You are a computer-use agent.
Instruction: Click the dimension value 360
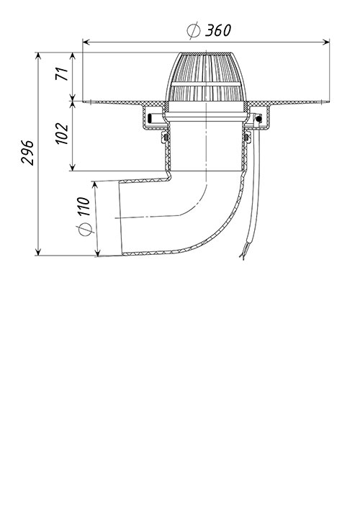(218, 30)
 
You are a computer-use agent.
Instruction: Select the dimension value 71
(62, 73)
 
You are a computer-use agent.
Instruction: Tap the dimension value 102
(62, 133)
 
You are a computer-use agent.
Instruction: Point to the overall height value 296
(27, 153)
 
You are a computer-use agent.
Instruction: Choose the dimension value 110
(83, 207)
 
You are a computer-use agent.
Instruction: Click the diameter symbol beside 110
(86, 230)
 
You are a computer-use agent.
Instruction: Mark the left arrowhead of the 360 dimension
(86, 42)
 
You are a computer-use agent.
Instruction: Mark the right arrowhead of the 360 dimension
(326, 42)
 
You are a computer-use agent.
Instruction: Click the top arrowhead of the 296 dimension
(38, 56)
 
